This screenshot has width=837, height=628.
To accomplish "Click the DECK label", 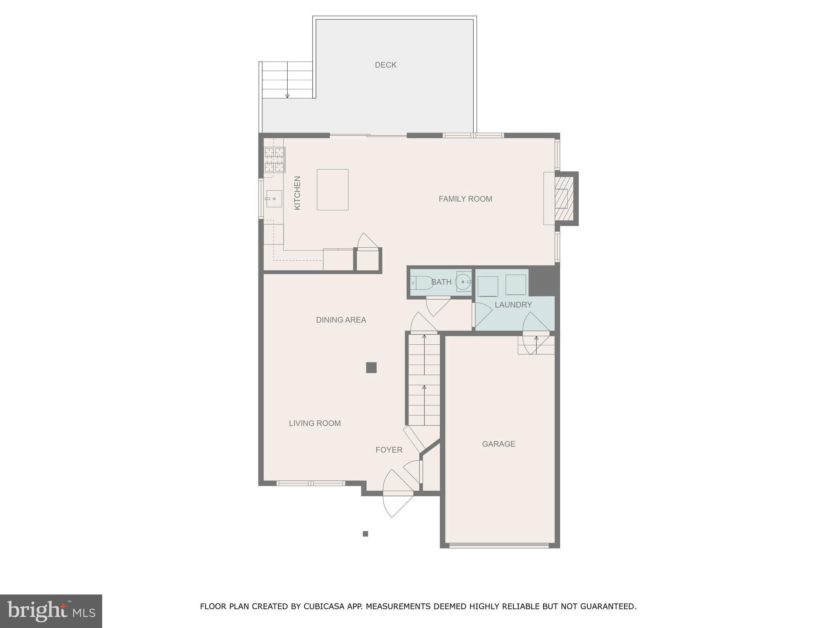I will tap(385, 65).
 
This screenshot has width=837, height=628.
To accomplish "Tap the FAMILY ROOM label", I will tap(465, 199).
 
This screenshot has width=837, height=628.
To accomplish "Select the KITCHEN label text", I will tap(298, 193).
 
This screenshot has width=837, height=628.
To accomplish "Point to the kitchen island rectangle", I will tap(333, 190).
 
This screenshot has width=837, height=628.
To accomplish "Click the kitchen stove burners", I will tap(275, 159).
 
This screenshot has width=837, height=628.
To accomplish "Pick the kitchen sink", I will tap(274, 199).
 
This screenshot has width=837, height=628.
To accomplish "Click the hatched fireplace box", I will tap(565, 198).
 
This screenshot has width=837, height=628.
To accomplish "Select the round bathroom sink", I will tap(463, 282).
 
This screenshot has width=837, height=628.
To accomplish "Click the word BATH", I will tap(441, 282).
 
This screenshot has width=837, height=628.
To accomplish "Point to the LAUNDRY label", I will tap(513, 305).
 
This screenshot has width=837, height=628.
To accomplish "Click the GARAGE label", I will tap(498, 444).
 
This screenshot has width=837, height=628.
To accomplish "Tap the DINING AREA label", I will tap(341, 320).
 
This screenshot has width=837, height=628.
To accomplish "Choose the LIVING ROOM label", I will tap(315, 424).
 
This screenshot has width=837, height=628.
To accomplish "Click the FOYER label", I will tap(389, 450).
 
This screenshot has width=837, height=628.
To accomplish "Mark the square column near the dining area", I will tap(371, 368).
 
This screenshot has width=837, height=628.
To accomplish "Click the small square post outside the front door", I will tap(365, 534).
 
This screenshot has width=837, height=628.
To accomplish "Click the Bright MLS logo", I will tap(51, 611).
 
